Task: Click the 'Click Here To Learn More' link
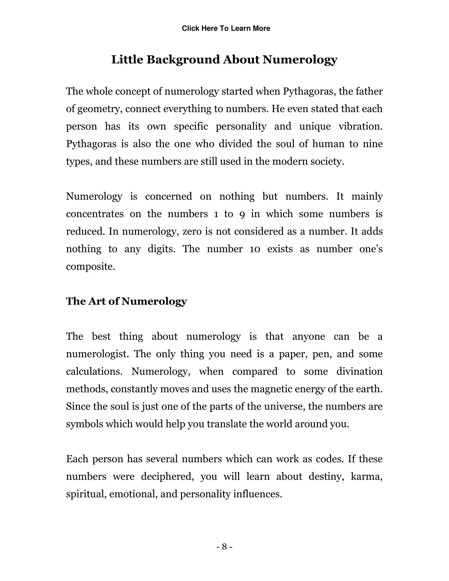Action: [x=226, y=29]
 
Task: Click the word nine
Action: [x=373, y=144]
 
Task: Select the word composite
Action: [x=90, y=267]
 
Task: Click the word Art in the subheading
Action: [x=96, y=302]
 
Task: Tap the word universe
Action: [x=285, y=407]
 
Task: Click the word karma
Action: [x=367, y=477]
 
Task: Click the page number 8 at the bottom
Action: [x=224, y=547]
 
